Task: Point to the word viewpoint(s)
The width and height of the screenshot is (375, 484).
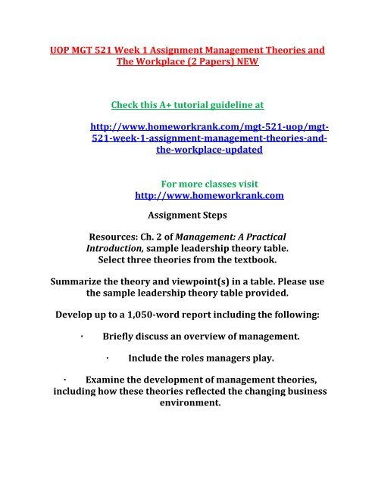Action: coord(199,288)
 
